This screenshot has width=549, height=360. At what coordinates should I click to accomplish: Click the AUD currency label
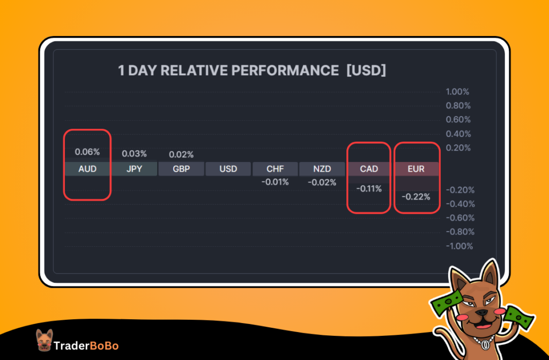(x=87, y=169)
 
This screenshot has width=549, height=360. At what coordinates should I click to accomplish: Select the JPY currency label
(x=134, y=169)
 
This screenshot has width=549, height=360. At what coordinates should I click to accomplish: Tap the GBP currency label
(x=181, y=169)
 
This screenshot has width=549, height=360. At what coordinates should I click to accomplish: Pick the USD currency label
(x=228, y=169)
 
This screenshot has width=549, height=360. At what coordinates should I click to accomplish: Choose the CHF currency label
(x=275, y=169)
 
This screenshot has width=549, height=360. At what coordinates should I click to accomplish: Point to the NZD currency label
(x=322, y=169)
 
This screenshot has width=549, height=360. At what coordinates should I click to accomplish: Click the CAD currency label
(x=369, y=169)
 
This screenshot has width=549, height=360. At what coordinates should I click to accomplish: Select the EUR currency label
(x=416, y=169)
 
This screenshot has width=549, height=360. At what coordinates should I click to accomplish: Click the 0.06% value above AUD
(x=87, y=152)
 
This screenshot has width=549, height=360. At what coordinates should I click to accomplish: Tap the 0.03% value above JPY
(x=134, y=153)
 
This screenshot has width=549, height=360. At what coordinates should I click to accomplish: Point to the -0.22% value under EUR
(x=416, y=197)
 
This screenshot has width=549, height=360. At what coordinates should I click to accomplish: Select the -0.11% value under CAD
(x=369, y=189)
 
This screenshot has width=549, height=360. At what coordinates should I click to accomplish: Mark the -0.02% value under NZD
(x=322, y=182)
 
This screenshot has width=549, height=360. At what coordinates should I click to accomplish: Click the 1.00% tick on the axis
(x=458, y=92)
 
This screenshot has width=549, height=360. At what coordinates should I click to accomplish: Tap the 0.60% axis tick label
(x=458, y=120)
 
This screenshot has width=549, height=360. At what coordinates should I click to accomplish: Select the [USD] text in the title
(x=366, y=71)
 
